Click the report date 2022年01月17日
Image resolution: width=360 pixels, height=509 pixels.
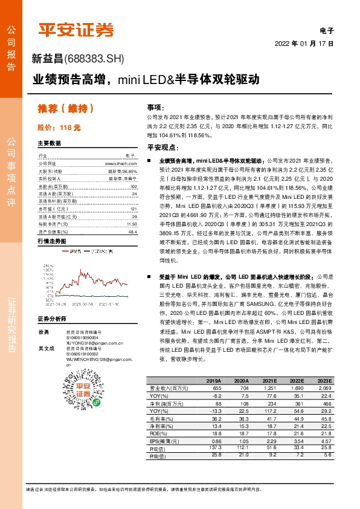click(x=304, y=44)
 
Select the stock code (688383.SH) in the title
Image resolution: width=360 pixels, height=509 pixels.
click(x=97, y=58)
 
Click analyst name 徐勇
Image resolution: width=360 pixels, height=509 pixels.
click(x=43, y=332)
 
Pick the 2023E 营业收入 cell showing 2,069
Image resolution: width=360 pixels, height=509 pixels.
click(x=341, y=387)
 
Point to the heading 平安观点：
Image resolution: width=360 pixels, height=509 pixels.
click(x=160, y=148)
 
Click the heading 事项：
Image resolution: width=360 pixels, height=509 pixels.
click(x=155, y=106)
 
